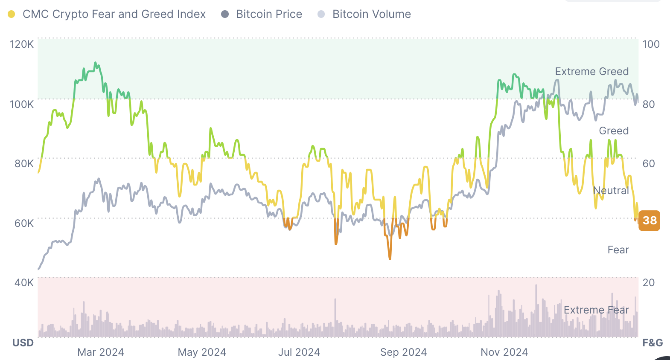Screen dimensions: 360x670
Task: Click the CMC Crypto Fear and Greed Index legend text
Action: (x=114, y=14)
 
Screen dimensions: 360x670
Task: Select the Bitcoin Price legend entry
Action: (x=269, y=14)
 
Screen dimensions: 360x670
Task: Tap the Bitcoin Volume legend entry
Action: (x=371, y=14)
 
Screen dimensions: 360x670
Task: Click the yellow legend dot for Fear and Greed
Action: (x=12, y=15)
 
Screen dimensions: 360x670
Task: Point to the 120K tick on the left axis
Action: (x=22, y=44)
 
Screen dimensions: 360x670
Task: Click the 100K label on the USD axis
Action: (x=22, y=104)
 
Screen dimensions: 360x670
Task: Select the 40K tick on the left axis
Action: (x=24, y=282)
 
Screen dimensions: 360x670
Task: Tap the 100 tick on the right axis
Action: (x=651, y=44)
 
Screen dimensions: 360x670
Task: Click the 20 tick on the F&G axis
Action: (x=649, y=282)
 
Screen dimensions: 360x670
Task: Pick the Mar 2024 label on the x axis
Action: (x=101, y=352)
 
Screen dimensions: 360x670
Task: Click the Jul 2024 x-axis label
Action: (x=299, y=352)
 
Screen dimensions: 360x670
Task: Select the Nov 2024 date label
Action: (x=504, y=352)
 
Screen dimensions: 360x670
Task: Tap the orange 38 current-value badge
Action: (x=650, y=221)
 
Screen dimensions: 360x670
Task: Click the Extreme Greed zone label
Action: (x=592, y=72)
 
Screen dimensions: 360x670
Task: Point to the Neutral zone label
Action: (x=611, y=191)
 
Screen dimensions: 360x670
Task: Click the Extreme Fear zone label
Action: (x=596, y=310)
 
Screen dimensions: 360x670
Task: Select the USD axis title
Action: (x=23, y=343)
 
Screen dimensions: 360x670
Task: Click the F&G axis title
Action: (x=653, y=343)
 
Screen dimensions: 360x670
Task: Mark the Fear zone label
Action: (x=618, y=250)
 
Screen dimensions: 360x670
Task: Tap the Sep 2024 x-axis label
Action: (x=404, y=352)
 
